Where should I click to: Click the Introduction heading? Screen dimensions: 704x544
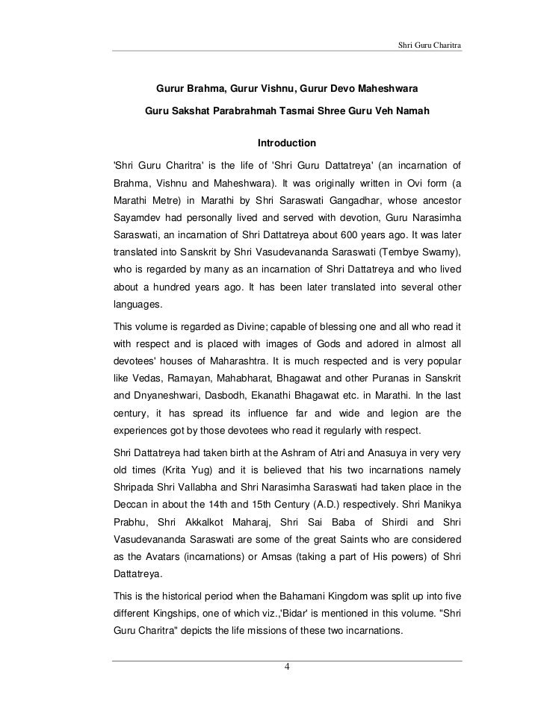[x=286, y=143]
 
